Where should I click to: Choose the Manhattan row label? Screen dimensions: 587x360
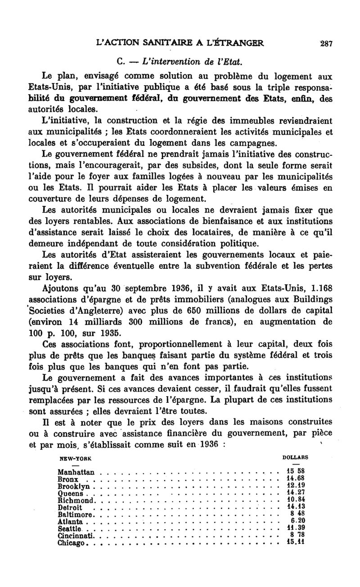(x=76, y=472)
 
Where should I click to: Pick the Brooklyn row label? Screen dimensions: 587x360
(x=74, y=487)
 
